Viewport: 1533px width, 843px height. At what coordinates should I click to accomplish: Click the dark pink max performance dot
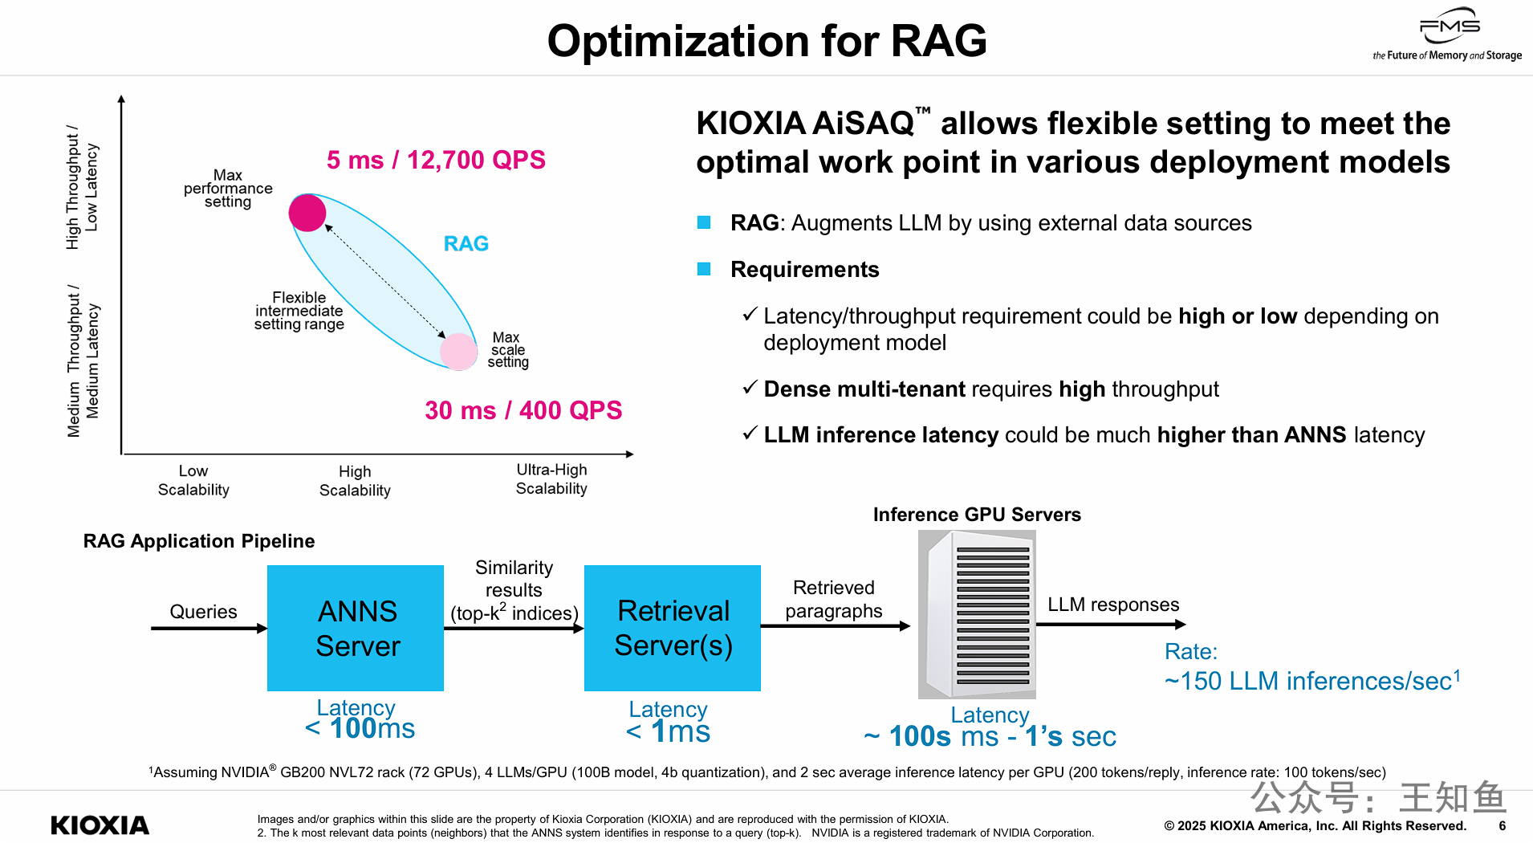tap(307, 213)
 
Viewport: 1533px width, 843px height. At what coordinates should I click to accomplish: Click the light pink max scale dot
tap(459, 351)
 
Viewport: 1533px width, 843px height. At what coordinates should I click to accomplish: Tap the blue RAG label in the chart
tap(466, 243)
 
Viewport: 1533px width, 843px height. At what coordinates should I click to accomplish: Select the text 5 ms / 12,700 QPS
tap(436, 160)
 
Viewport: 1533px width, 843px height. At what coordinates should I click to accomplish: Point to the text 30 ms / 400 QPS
tap(523, 410)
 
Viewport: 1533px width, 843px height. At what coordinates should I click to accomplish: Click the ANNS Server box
tap(356, 628)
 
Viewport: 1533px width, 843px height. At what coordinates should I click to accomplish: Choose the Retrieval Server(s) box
tap(673, 628)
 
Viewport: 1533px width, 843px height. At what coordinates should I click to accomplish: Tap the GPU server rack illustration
tap(977, 614)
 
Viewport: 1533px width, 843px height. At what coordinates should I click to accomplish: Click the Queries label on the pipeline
tap(203, 612)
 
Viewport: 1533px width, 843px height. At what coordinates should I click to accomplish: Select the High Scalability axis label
tap(355, 481)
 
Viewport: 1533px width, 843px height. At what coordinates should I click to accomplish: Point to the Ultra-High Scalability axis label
tap(551, 479)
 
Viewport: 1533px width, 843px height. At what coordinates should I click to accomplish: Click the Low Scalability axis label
tap(193, 480)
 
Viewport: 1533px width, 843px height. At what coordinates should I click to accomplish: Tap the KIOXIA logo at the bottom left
tap(100, 825)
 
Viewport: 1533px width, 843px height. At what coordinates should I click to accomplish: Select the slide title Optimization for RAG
tap(766, 41)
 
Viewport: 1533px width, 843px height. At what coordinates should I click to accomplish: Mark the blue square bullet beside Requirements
tap(704, 269)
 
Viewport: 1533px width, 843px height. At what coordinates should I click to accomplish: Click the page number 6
tap(1502, 825)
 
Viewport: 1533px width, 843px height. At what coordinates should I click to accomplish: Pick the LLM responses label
tap(1113, 605)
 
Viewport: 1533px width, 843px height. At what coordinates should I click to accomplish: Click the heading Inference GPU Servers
tap(977, 515)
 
